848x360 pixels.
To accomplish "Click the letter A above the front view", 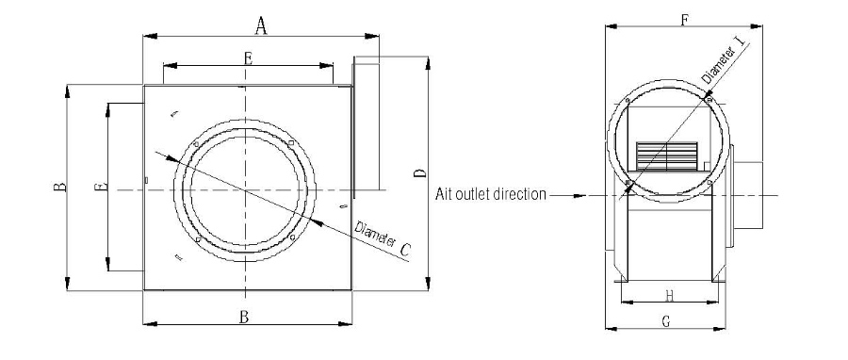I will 262,26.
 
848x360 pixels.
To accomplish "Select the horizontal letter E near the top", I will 248,57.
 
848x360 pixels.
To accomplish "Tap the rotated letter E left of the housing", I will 99,188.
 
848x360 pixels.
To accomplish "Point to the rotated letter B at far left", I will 57,188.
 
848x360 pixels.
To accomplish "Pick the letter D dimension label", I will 419,172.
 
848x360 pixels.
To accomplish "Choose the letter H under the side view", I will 666,292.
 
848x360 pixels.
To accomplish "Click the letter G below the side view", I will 666,321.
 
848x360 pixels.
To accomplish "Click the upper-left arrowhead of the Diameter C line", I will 171,159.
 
